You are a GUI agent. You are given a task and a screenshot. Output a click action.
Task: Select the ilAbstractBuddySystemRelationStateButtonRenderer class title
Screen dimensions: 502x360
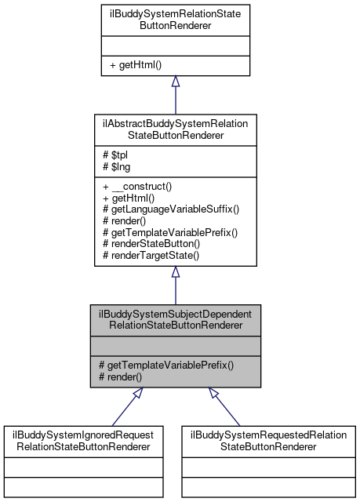click(176, 128)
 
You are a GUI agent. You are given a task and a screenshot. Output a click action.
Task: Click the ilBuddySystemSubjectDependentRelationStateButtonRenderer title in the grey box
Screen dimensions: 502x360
click(175, 319)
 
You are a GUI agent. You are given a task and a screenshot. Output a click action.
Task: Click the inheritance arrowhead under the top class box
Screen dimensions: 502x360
click(176, 82)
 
